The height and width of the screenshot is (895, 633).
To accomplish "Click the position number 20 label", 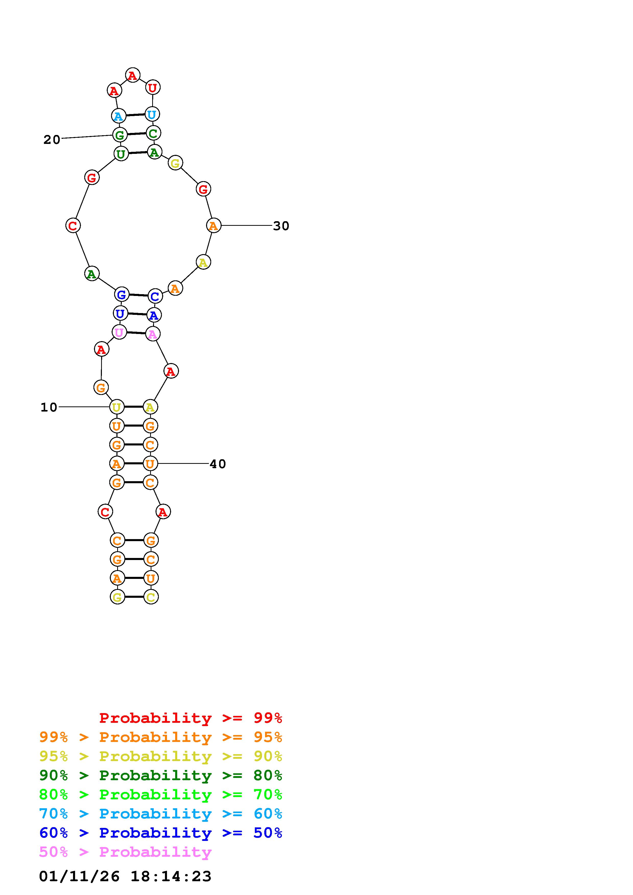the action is pyautogui.click(x=52, y=140).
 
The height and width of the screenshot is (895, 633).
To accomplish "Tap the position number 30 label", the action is pyautogui.click(x=281, y=226).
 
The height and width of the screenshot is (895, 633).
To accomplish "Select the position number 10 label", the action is pyautogui.click(x=49, y=407).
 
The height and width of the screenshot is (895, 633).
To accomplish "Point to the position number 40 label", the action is pyautogui.click(x=218, y=464).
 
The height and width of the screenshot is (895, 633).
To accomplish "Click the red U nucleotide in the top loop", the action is pyautogui.click(x=152, y=88).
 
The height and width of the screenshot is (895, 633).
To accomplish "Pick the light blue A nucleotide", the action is pyautogui.click(x=118, y=116).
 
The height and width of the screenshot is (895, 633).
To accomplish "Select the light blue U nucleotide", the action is pyautogui.click(x=152, y=114).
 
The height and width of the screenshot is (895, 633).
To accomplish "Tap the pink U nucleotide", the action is pyautogui.click(x=119, y=332).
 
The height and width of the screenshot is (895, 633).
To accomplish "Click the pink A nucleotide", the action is pyautogui.click(x=152, y=334).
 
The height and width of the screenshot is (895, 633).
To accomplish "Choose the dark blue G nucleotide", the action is pyautogui.click(x=122, y=294).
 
